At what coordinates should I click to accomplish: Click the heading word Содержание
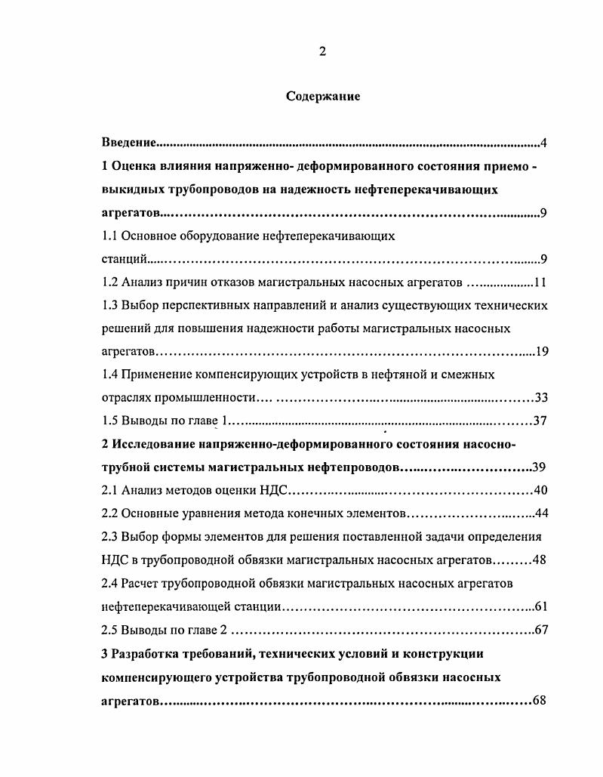tap(323, 97)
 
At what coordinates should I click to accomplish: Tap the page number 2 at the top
tap(322, 51)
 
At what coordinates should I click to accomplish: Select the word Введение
tap(129, 143)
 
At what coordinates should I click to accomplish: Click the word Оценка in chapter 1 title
tap(137, 166)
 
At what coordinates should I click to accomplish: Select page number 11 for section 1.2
tap(540, 283)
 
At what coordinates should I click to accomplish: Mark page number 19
tap(541, 352)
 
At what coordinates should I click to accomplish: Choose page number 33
tap(540, 398)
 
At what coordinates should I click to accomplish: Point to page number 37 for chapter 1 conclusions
tap(540, 421)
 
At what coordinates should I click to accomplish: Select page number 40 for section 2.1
tap(540, 491)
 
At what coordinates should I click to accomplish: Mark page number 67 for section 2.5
tap(540, 630)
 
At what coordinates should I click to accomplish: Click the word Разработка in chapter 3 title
tap(146, 653)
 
